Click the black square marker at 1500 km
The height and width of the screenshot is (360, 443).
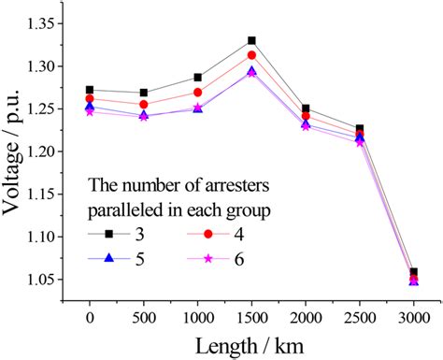(252, 40)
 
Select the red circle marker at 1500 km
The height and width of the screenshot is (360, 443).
(252, 55)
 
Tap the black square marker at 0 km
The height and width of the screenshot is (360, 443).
(90, 90)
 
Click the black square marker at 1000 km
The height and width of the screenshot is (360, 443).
(198, 78)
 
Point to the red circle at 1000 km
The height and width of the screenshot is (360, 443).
(198, 92)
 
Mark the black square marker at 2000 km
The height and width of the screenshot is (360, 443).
(307, 108)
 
